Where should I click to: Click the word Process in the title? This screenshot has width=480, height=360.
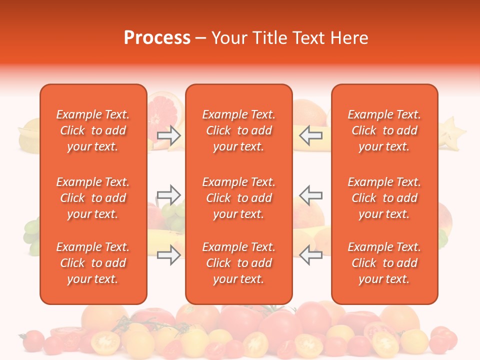point(157,38)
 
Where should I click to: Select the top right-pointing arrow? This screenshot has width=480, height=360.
point(168,135)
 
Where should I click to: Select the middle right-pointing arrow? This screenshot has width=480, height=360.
point(168,194)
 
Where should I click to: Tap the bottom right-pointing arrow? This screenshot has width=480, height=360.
point(168,255)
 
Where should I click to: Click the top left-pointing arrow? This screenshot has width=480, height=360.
point(310,135)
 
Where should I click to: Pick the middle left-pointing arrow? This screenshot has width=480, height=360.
point(310,194)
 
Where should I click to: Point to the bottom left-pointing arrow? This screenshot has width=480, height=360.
point(310,255)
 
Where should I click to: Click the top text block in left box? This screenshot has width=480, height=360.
point(93,130)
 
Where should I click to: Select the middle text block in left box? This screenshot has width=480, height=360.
point(93,198)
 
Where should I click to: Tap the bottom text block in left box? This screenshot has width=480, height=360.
point(93,263)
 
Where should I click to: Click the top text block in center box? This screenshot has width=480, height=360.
point(238,130)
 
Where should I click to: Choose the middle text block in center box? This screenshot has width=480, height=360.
point(238,198)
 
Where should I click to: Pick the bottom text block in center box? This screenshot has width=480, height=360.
point(238,263)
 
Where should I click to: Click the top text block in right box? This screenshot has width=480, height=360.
point(384,130)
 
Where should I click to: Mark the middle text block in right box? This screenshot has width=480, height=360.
point(384,198)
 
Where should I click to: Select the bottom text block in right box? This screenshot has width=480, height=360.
point(384,263)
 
